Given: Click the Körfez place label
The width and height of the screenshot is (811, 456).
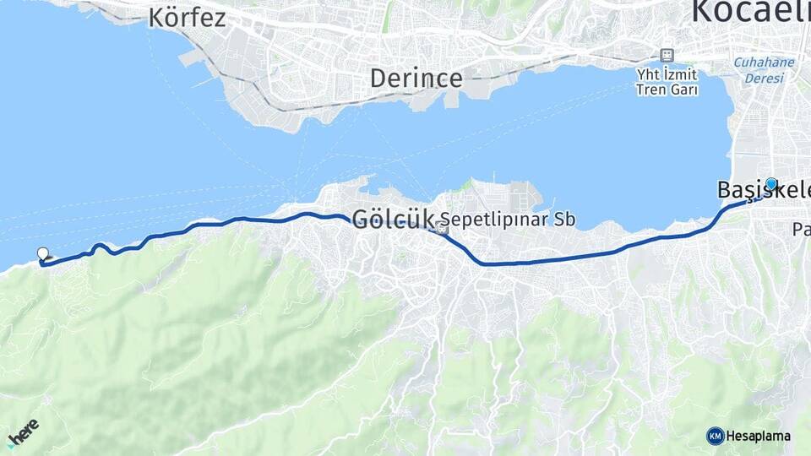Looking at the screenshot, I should click(187, 17).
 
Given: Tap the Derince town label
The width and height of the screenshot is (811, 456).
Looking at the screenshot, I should click(416, 79).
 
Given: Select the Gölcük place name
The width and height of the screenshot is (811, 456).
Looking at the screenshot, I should click(393, 220).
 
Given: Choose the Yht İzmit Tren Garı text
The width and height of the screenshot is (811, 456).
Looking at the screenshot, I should click(667, 81).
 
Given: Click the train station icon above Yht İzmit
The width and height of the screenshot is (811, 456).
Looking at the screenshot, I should click(667, 54).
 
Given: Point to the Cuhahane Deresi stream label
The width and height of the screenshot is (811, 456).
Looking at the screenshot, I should click(764, 70).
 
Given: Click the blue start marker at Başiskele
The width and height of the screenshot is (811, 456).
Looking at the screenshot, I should click(771, 183).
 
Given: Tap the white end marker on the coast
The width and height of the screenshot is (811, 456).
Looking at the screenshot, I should click(43, 252).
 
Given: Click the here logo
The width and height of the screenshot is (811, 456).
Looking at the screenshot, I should click(23, 435).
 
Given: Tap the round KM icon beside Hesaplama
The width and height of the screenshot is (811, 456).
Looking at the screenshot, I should click(715, 436).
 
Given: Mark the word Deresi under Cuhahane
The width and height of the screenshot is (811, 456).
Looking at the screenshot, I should click(764, 79).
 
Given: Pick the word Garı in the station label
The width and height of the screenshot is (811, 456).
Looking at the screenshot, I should click(685, 90).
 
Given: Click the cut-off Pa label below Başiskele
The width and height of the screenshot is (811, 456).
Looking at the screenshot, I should click(801, 229).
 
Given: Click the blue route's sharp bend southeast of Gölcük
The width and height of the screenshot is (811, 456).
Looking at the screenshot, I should click(482, 263).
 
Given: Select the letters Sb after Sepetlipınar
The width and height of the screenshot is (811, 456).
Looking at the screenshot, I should click(565, 220).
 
